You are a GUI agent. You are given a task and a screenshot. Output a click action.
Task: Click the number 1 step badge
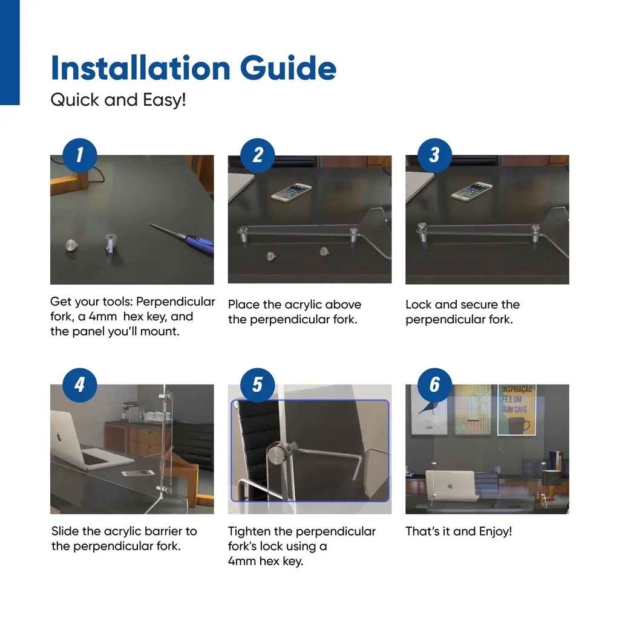(79, 155)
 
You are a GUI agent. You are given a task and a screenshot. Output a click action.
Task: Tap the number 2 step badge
(257, 155)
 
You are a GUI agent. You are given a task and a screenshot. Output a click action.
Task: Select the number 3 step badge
(435, 155)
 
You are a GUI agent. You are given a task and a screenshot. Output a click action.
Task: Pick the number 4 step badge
(79, 385)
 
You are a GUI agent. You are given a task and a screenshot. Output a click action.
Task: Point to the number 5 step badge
(257, 385)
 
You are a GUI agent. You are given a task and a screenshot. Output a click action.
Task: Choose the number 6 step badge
(435, 385)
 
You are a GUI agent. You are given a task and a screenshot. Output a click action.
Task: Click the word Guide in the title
(288, 68)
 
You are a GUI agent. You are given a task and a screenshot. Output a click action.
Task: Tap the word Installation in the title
(140, 68)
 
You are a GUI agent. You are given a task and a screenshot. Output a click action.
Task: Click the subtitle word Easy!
(164, 100)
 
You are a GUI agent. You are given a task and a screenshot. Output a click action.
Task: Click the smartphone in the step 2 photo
(291, 192)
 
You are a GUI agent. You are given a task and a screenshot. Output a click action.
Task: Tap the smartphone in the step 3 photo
(472, 192)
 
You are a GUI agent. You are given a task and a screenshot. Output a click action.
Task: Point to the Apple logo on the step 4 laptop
(59, 436)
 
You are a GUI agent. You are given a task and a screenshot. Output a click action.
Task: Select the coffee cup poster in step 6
(516, 410)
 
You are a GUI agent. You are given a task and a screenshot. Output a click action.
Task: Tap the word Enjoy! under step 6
(496, 531)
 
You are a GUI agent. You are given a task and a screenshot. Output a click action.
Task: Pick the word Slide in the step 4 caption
(65, 531)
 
